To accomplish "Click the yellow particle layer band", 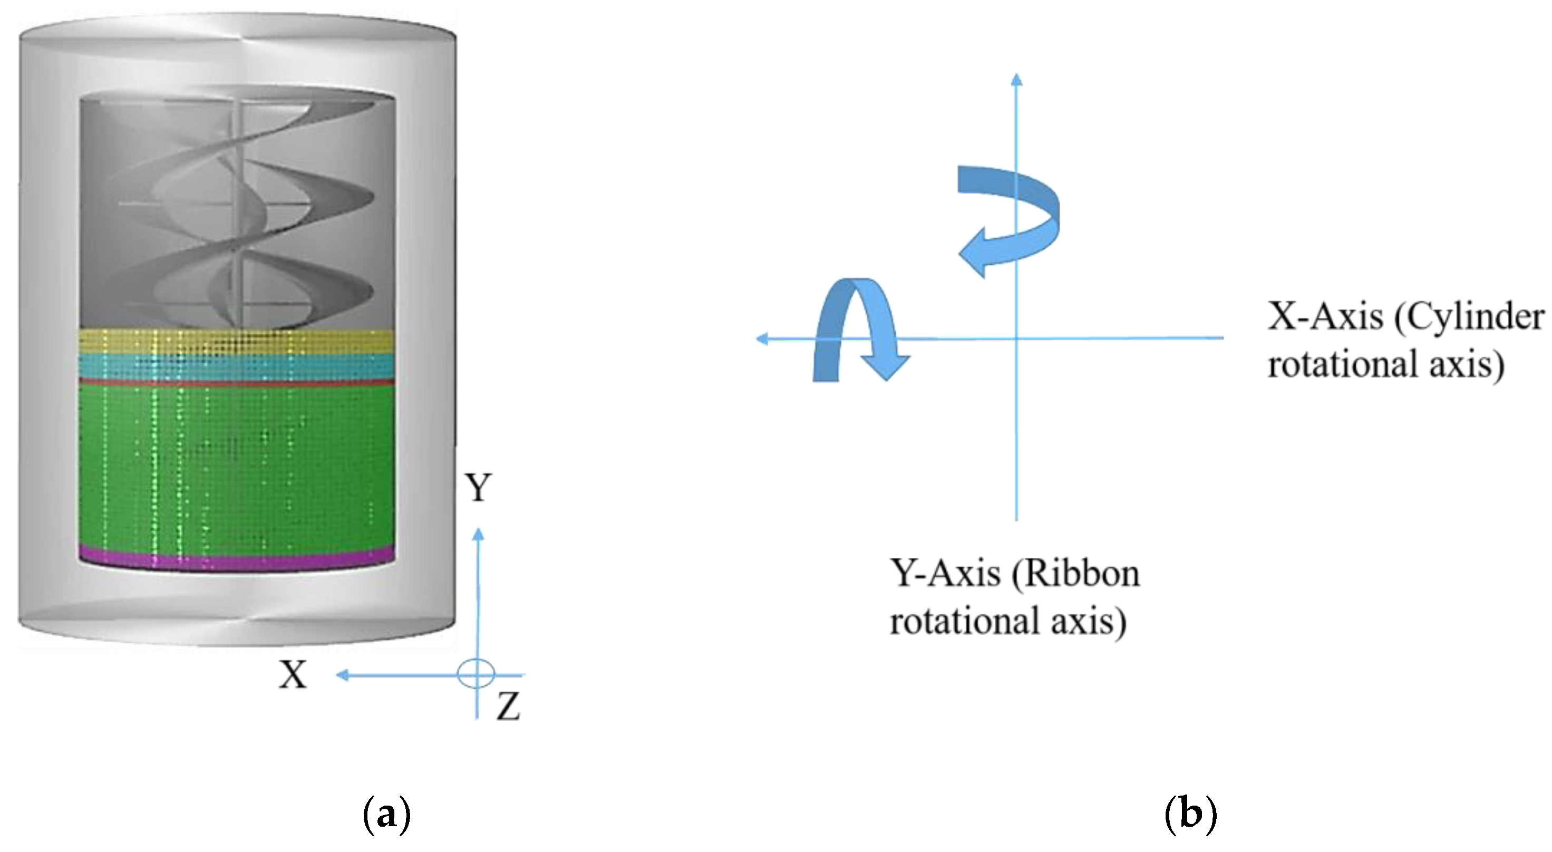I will [237, 342].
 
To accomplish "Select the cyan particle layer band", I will [237, 366].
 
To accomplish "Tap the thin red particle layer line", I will [237, 383].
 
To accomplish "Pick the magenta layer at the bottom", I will [237, 560].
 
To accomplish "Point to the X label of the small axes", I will [293, 675].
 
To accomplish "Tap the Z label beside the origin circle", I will [508, 706].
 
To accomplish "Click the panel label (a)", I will [387, 815].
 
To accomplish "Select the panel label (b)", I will [1191, 815].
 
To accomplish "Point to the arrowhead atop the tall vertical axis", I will [1016, 79].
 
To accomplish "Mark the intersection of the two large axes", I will [1016, 338].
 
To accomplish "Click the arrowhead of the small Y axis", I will [478, 533].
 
